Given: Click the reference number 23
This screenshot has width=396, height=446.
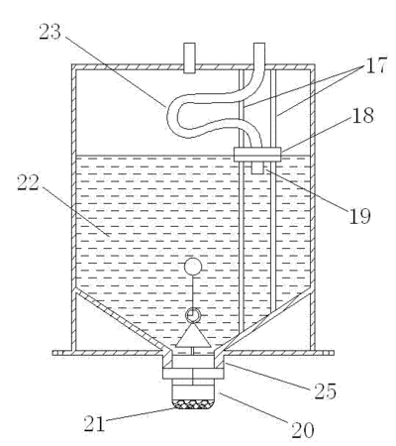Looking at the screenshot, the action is coord(50,32).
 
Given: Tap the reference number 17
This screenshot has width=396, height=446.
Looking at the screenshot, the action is coord(375,65).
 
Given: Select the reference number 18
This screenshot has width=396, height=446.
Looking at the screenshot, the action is coord(363,115).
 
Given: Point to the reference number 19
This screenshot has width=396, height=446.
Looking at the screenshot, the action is coord(359,216).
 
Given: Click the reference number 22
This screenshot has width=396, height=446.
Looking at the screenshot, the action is coord(28,182).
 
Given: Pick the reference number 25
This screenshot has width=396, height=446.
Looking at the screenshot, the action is coord(325,391).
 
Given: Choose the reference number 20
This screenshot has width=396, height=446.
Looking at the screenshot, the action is coord(303,430).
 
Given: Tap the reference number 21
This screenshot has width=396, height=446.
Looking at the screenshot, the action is coord(94,423).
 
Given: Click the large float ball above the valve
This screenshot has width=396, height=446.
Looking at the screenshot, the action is coord(193,267).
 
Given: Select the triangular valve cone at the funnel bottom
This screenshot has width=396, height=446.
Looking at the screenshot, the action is coord(193,335).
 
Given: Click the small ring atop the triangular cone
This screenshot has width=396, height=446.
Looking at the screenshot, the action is coord(193,315).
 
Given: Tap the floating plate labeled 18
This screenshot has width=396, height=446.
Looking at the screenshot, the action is coord(257,155).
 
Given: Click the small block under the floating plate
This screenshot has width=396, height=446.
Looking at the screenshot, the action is coord(257,167).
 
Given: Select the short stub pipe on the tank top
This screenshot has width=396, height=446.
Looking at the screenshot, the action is coord(189,57).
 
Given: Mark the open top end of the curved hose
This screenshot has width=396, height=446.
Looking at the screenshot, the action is coord(259,44).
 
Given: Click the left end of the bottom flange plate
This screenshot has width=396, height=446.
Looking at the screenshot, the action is coord(53,353).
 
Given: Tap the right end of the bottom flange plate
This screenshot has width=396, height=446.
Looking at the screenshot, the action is coord(333,353).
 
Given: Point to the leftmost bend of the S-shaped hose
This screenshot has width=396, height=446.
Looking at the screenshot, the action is coord(170,116).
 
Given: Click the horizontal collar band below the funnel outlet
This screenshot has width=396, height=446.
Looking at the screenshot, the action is coord(193,374).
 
